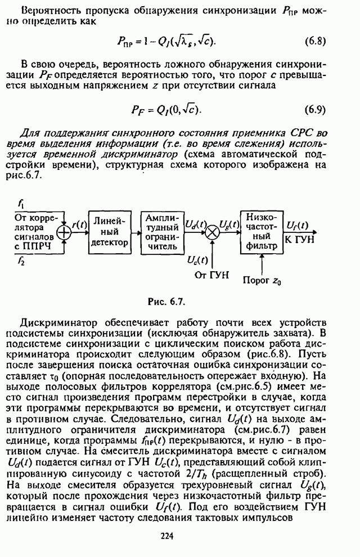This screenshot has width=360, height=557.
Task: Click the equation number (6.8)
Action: pyautogui.click(x=315, y=41)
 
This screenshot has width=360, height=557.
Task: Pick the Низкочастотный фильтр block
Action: pyautogui.click(x=262, y=232)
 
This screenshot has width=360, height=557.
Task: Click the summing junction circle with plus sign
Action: pyautogui.click(x=64, y=233)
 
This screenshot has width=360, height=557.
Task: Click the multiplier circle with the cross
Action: pyautogui.click(x=212, y=233)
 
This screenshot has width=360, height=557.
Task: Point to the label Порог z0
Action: pyautogui.click(x=262, y=281)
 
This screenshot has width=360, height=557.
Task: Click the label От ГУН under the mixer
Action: pyautogui.click(x=212, y=275)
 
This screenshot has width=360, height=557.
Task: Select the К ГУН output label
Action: pyautogui.click(x=300, y=240)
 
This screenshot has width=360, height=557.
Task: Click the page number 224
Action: pyautogui.click(x=167, y=536)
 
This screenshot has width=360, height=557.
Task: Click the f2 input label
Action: pyautogui.click(x=21, y=263)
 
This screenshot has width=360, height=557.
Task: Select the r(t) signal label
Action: pyautogui.click(x=80, y=225)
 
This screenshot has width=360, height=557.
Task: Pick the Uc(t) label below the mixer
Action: pyautogui.click(x=198, y=260)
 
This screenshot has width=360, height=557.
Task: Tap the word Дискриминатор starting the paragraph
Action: pyautogui.click(x=58, y=323)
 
